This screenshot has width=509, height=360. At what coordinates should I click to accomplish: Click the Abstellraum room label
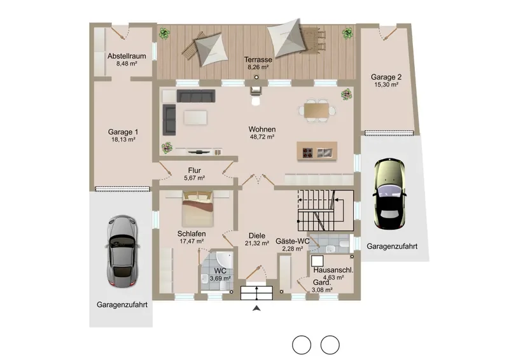[127, 56]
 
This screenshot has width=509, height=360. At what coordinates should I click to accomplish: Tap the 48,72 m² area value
[262, 137]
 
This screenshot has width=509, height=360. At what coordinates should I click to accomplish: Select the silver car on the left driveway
[122, 251]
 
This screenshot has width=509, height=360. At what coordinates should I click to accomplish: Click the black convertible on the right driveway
[389, 194]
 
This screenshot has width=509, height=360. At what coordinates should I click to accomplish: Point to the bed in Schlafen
[198, 209]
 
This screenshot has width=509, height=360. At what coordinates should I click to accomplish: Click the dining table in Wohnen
[316, 111]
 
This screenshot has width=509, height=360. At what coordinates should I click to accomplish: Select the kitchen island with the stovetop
[317, 151]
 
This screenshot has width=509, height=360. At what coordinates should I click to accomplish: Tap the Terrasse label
[258, 60]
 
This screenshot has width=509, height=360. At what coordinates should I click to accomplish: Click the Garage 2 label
[386, 77]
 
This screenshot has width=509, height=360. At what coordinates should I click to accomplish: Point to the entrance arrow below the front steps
[256, 308]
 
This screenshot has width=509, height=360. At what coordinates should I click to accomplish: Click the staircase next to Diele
[326, 211]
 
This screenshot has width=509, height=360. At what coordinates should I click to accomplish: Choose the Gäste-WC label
[292, 241]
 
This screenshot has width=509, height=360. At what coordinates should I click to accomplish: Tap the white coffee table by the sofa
[195, 118]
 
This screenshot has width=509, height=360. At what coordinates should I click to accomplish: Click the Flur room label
[195, 170]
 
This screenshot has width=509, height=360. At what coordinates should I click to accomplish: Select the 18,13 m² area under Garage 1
[123, 139]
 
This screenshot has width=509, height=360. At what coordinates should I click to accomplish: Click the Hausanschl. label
[333, 270]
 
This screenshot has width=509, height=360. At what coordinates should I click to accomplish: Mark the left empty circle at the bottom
[302, 345]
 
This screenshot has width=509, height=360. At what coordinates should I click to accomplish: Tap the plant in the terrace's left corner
[165, 33]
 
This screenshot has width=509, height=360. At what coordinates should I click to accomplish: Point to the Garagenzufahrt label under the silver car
[122, 305]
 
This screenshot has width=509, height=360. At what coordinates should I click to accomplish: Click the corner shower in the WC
[225, 259]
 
